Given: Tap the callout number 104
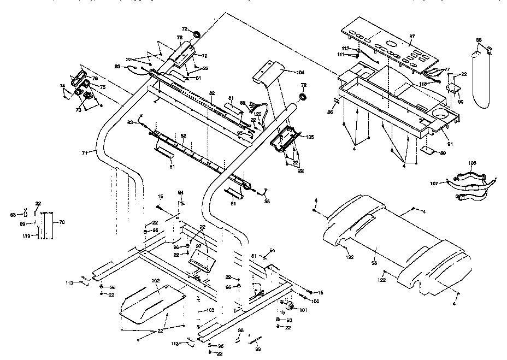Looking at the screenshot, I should tap(300, 72).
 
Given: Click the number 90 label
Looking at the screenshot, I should tap(461, 102).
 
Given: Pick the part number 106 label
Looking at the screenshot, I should tap(473, 162).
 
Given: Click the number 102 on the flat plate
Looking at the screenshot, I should tap(155, 282).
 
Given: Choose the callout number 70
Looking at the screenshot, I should tap(61, 222).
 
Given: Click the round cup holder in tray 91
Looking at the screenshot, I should tap(441, 115).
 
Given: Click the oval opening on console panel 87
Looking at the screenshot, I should tap(393, 44).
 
